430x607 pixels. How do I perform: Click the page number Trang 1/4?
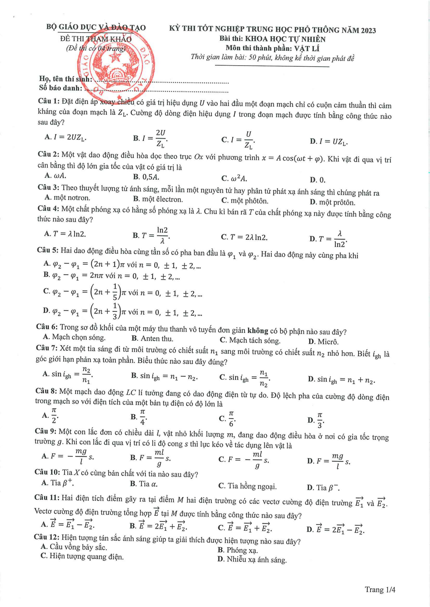380,590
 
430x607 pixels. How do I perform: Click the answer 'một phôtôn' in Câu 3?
245,201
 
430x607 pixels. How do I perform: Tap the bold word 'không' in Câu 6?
258,331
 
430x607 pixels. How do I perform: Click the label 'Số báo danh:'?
61,88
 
